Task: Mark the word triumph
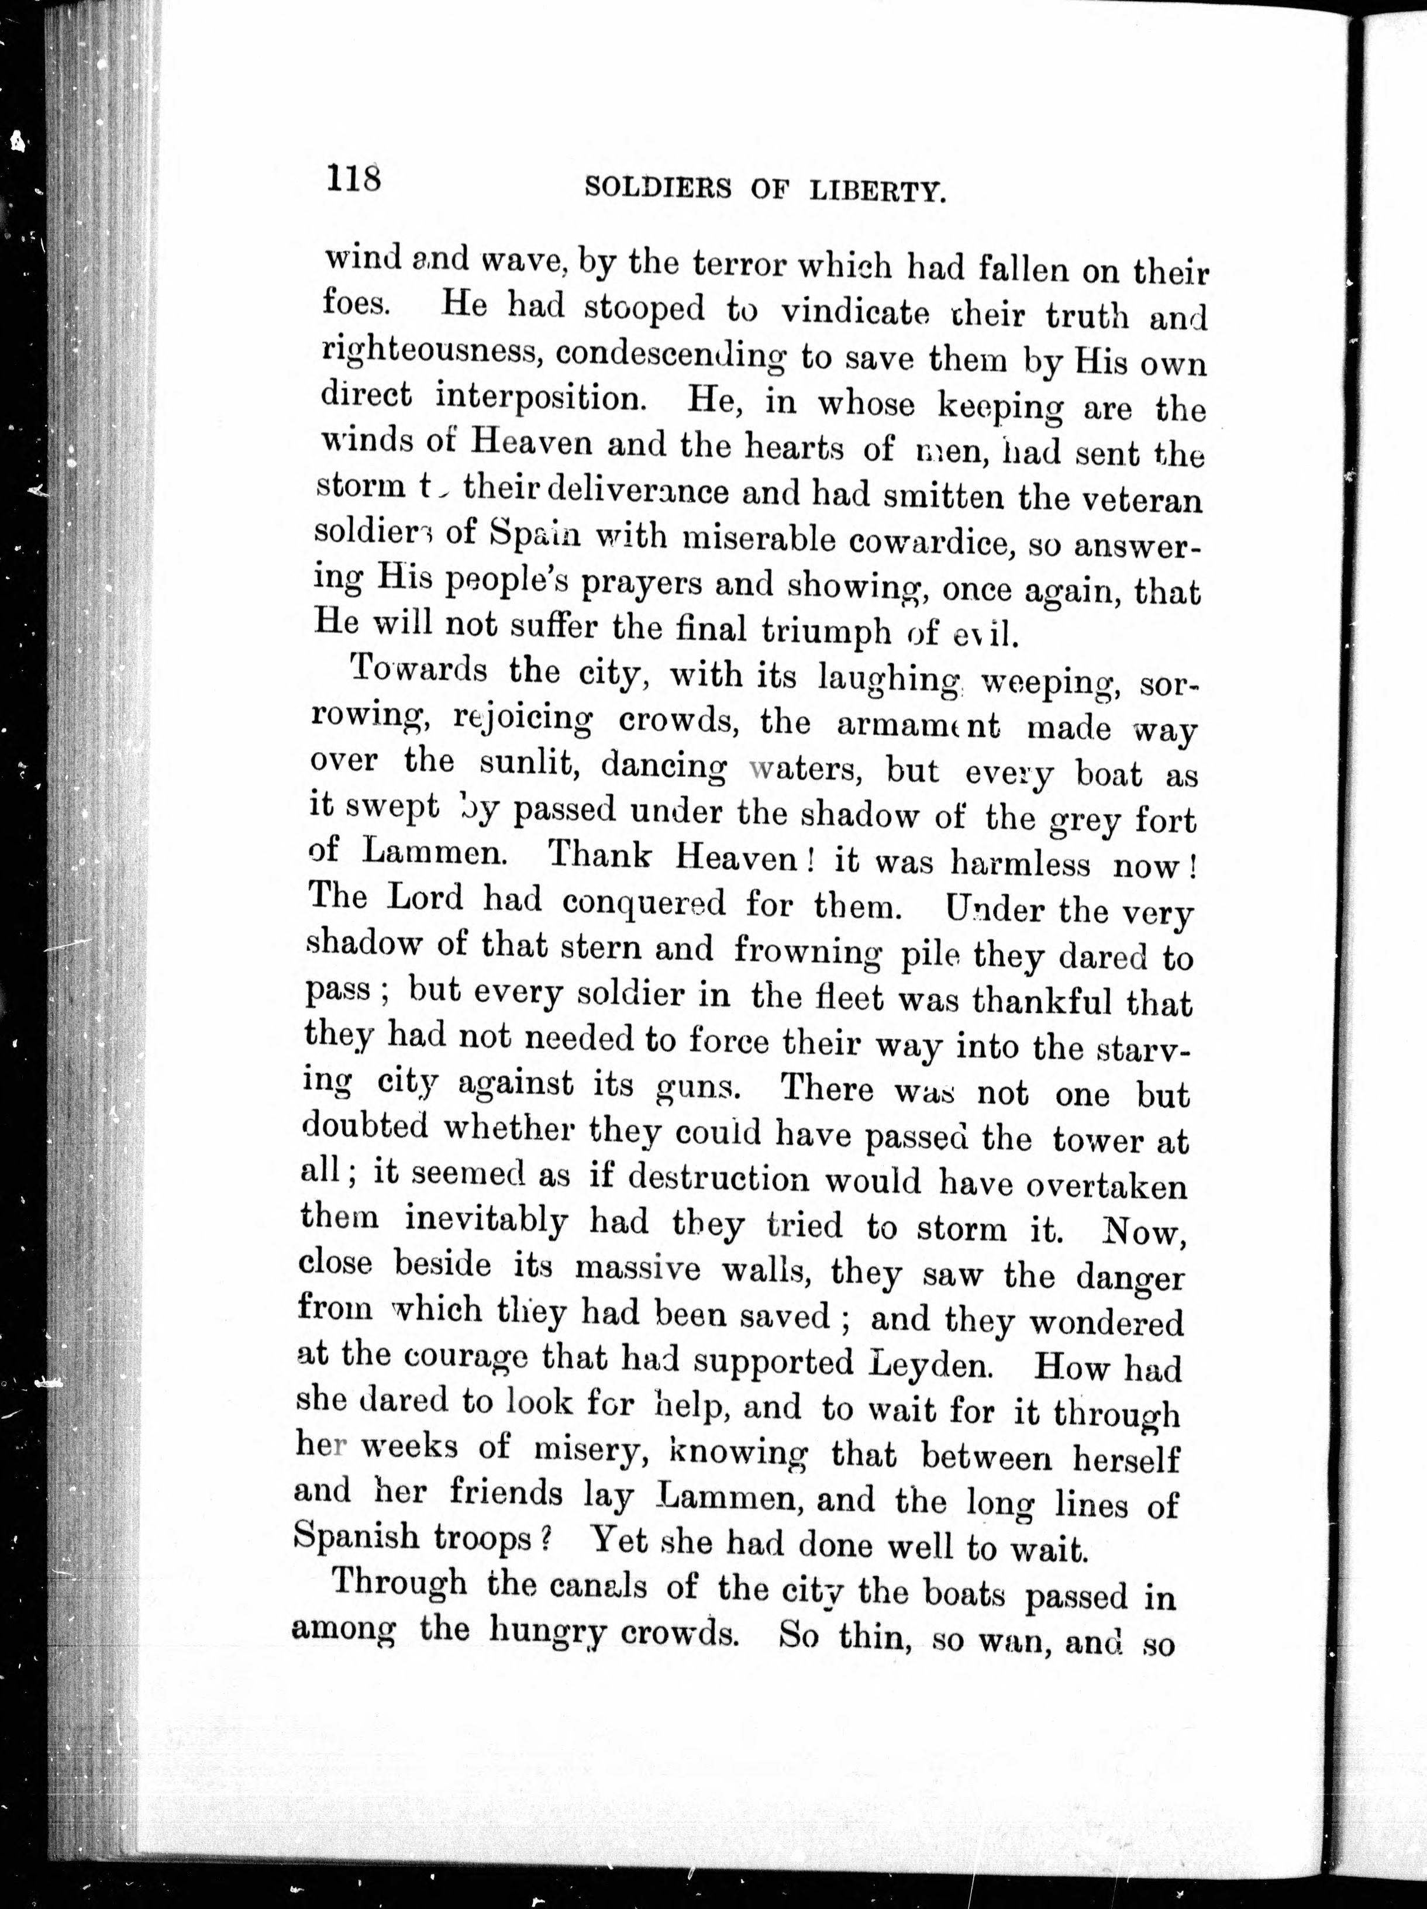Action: (826, 631)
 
